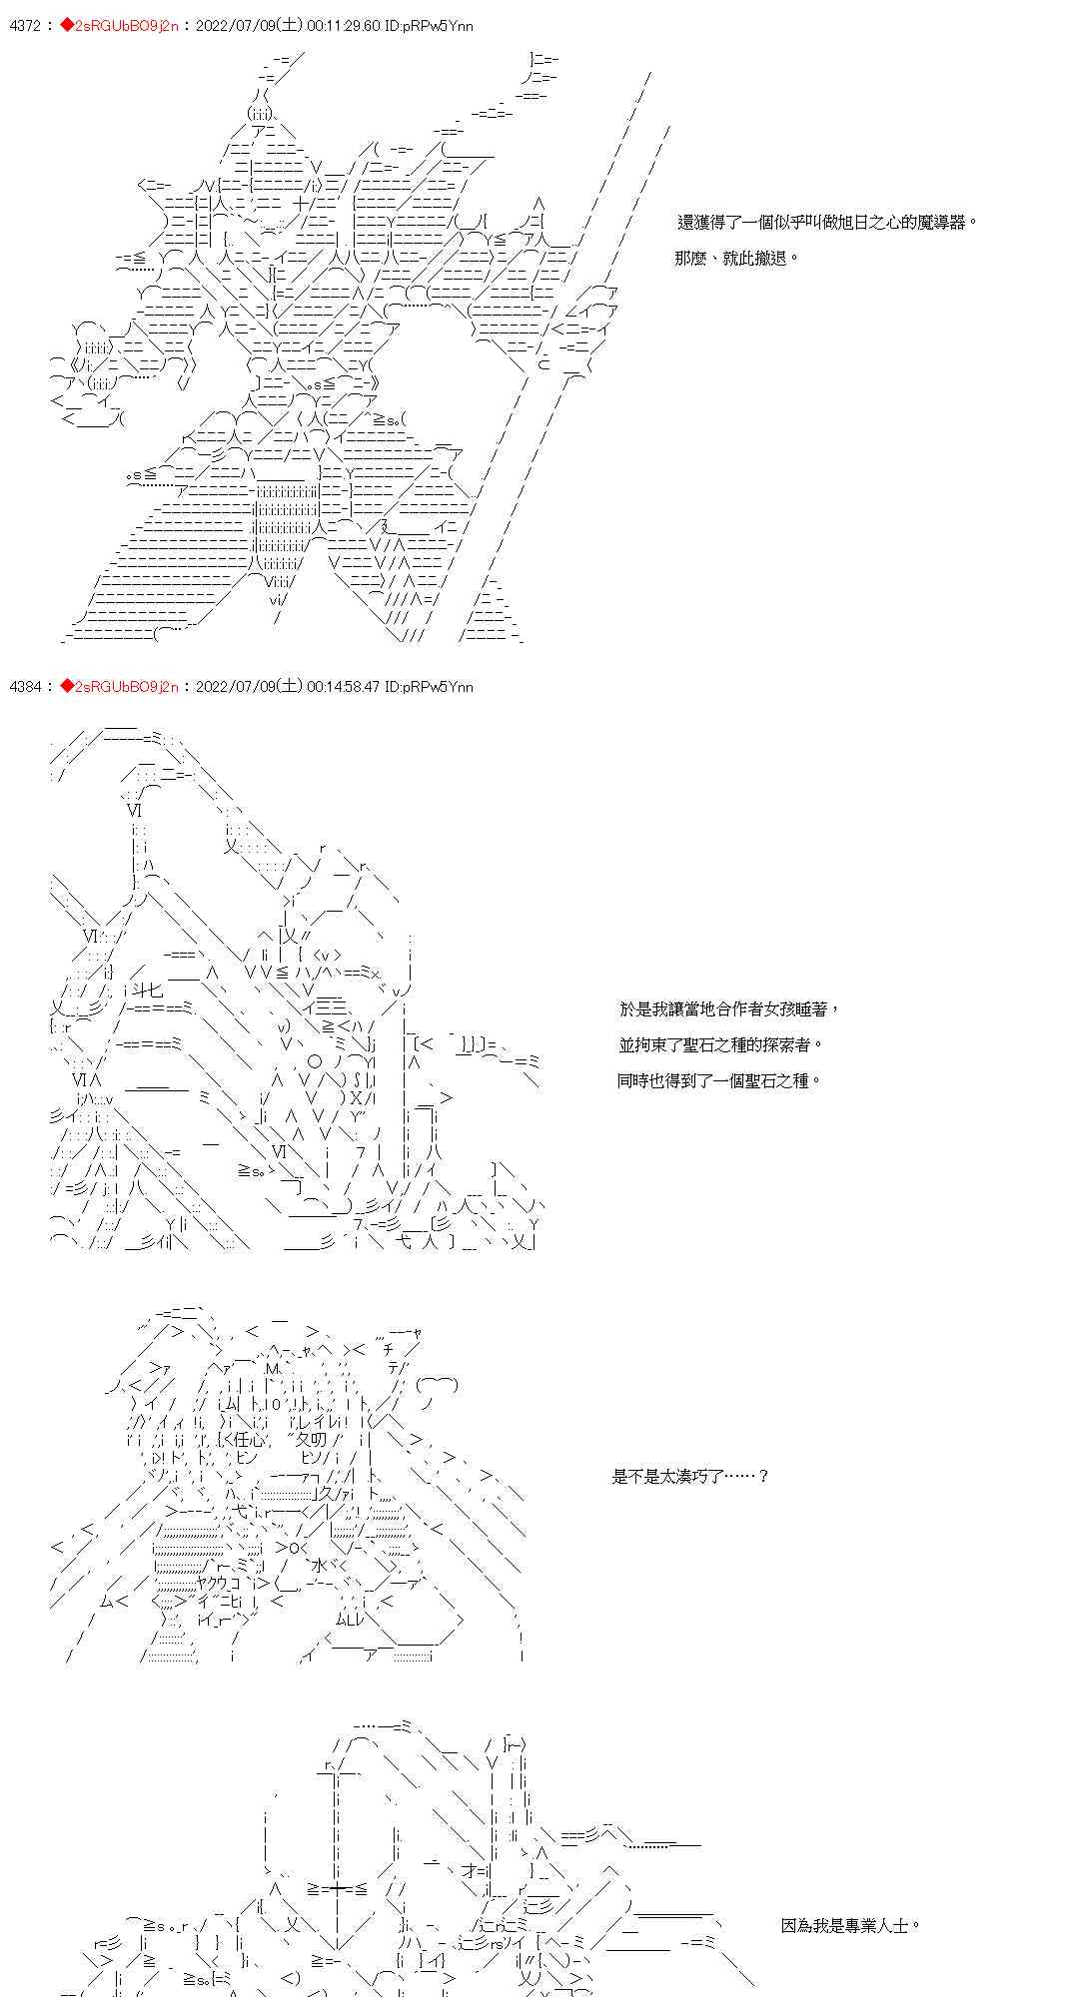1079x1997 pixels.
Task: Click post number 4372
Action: pyautogui.click(x=24, y=26)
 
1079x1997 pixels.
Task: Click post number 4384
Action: pyautogui.click(x=24, y=687)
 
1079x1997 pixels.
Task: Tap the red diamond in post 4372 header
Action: pyautogui.click(x=66, y=26)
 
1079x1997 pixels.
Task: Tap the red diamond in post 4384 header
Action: pyautogui.click(x=66, y=687)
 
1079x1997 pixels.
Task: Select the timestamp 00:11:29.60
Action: pyautogui.click(x=346, y=26)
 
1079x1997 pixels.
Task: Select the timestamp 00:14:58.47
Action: pyautogui.click(x=346, y=687)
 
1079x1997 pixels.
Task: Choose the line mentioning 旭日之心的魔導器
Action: pyautogui.click(x=826, y=223)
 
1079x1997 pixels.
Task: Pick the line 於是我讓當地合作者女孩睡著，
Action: pyautogui.click(x=729, y=1009)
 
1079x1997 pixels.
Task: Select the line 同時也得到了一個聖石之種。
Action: pyautogui.click(x=719, y=1080)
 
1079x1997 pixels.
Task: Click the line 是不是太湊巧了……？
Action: pyautogui.click(x=690, y=1476)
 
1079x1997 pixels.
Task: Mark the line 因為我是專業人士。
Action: pyautogui.click(x=850, y=1925)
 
